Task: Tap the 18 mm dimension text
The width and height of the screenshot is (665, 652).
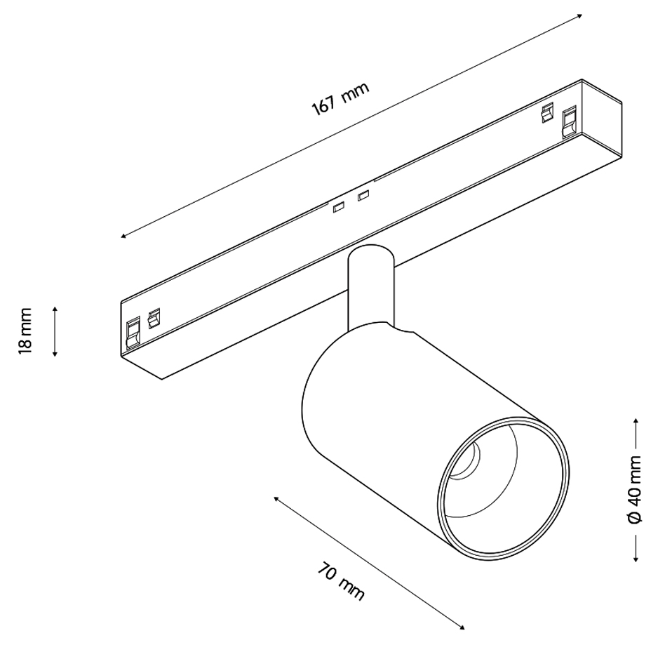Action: pyautogui.click(x=25, y=331)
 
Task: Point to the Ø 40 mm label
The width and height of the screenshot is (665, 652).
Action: pyautogui.click(x=635, y=490)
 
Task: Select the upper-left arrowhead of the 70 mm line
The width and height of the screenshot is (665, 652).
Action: pyautogui.click(x=276, y=498)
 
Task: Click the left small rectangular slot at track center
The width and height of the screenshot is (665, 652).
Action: pyautogui.click(x=338, y=208)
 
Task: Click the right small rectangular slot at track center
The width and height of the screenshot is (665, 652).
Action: pyautogui.click(x=363, y=196)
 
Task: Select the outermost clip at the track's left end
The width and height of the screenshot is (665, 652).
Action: pyautogui.click(x=133, y=333)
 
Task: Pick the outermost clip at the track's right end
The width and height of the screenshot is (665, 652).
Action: pyautogui.click(x=569, y=122)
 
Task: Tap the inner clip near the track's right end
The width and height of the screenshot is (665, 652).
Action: pyautogui.click(x=548, y=113)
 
